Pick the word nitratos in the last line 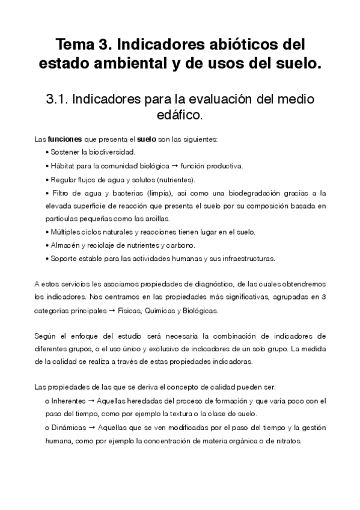286,440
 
